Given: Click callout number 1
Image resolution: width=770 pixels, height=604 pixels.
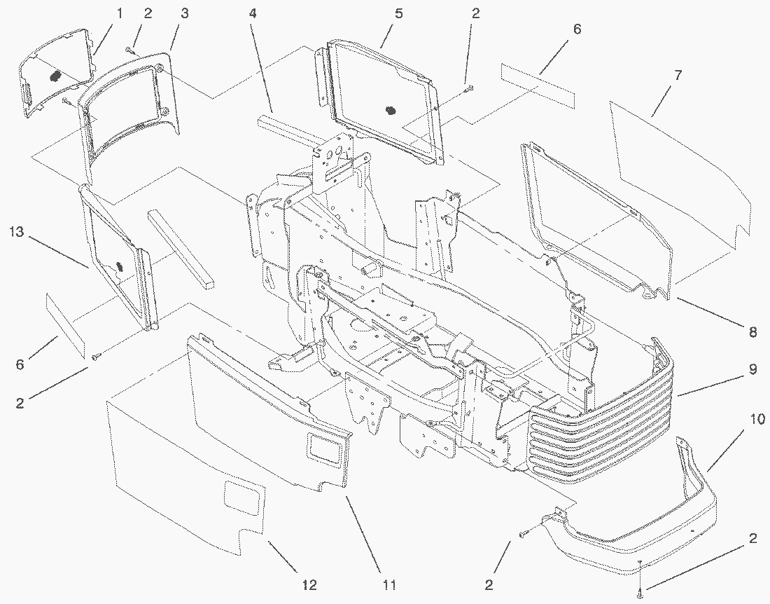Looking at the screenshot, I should coord(119,13).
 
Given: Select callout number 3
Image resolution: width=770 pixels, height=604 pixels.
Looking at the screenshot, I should coord(184,13).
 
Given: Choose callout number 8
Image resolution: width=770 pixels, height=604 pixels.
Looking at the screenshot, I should coord(752,333).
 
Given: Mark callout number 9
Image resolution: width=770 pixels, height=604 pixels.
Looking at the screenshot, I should coord(752,369).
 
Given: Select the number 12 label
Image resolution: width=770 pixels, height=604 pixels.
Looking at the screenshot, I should coord(309,584).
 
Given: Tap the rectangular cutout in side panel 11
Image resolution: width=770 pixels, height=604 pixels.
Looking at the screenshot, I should coord(325,446).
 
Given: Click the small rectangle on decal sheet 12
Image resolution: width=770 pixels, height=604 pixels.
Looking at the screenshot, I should coord(240,498).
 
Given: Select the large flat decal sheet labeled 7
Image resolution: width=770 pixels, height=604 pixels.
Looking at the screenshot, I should coord(679,168).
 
